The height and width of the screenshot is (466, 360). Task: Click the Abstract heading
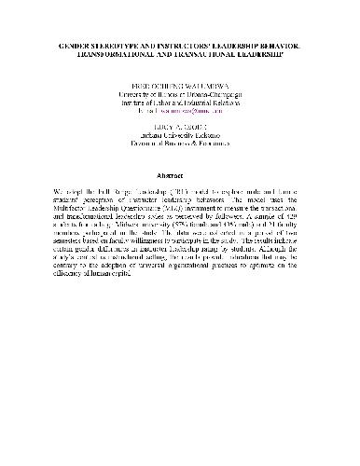click(x=180, y=174)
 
